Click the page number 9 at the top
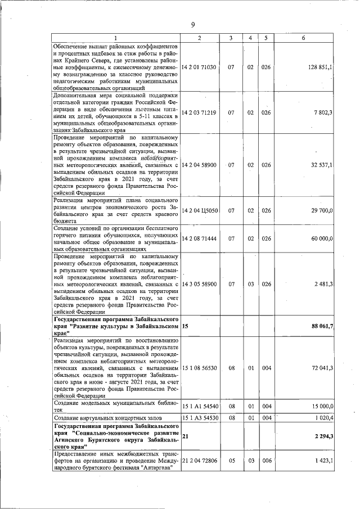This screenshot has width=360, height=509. [x=192, y=24]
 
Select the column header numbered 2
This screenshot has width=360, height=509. [x=200, y=37]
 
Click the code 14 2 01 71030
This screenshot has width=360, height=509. [x=200, y=67]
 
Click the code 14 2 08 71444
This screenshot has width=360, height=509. [x=200, y=238]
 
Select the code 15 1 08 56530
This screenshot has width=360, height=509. [x=200, y=368]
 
